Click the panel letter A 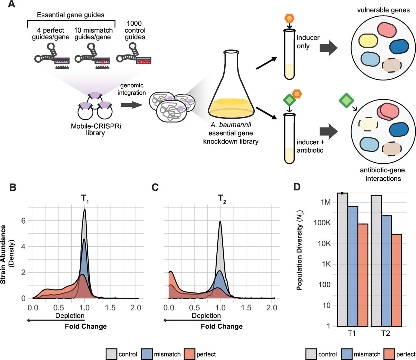tap(11, 6)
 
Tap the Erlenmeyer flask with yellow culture tap(231, 90)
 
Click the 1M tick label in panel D tap(326, 202)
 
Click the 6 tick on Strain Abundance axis tap(23, 221)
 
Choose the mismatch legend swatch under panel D tap(347, 354)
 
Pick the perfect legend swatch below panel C tap(190, 354)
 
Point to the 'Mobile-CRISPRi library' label tap(95, 129)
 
